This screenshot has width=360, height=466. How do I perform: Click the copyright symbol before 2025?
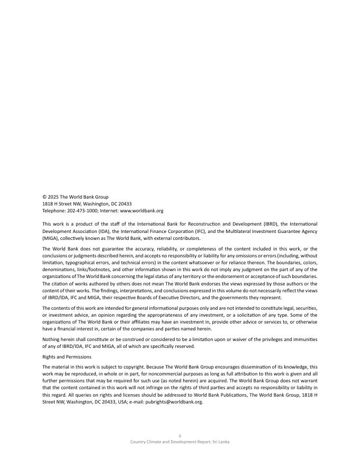44,197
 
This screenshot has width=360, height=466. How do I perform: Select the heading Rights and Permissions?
67,357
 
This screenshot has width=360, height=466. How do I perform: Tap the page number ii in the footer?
180,435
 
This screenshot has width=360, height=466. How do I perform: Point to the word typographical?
81,263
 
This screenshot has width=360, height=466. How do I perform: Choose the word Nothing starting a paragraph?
52,339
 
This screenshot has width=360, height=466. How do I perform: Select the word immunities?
304,339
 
